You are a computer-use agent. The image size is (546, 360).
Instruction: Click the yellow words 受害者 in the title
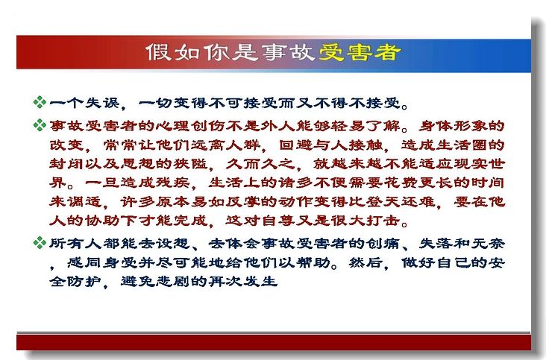click(x=360, y=52)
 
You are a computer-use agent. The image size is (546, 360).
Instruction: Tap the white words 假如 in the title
click(x=173, y=52)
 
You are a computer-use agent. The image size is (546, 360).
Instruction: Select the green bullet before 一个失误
click(x=40, y=102)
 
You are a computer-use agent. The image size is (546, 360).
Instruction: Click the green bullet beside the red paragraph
click(x=40, y=125)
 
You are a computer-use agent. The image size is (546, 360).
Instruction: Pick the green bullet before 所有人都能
click(x=40, y=243)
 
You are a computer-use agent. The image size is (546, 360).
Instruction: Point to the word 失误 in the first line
click(x=102, y=103)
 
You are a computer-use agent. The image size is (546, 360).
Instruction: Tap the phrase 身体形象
click(x=453, y=125)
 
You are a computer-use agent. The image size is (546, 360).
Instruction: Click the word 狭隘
click(x=191, y=163)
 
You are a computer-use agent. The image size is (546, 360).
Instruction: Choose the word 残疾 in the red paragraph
click(x=173, y=183)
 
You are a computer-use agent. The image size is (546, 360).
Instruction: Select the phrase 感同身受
click(x=102, y=262)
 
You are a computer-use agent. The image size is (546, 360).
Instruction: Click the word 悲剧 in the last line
click(x=173, y=281)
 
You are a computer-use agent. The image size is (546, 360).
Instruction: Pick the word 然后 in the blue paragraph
click(x=365, y=262)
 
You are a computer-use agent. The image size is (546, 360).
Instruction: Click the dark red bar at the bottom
click(x=274, y=342)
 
